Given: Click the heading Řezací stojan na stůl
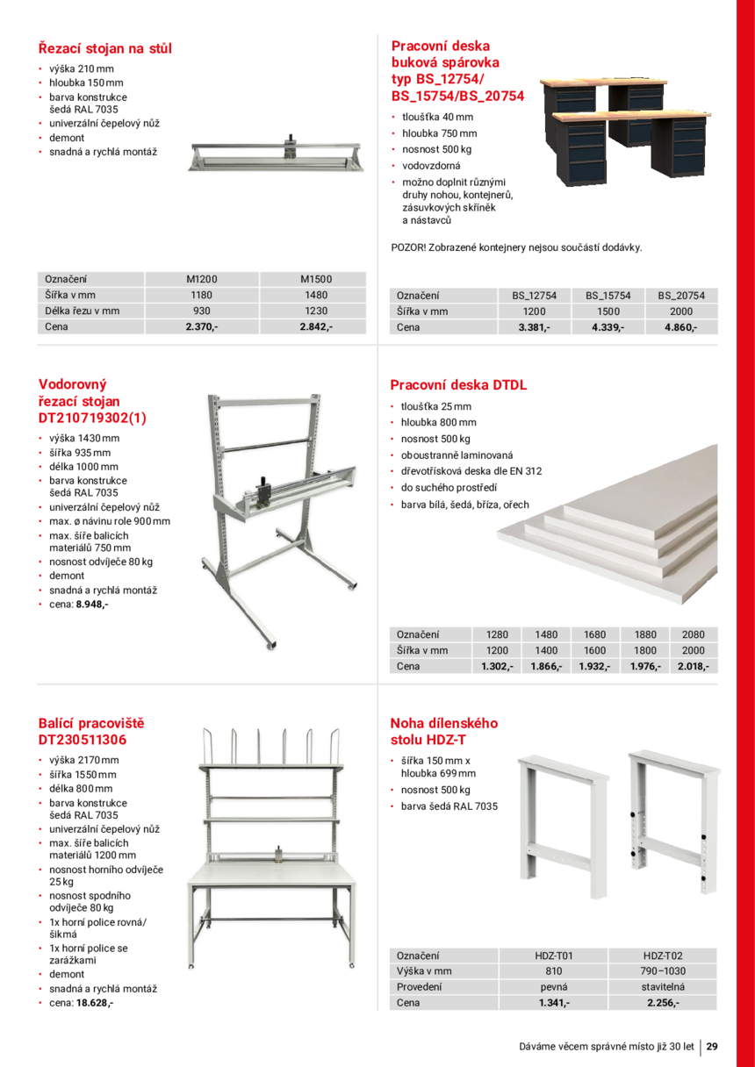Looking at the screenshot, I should click(104, 48).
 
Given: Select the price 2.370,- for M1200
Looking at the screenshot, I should click(202, 327).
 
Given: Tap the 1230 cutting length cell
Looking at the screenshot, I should click(316, 311).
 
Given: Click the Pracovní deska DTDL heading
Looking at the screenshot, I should click(458, 384).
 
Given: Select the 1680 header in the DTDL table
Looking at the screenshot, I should click(595, 634).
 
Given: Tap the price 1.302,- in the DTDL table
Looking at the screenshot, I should click(497, 666).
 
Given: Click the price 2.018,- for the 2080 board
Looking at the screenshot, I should click(693, 666).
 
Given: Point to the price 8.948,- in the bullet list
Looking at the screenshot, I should click(92, 605).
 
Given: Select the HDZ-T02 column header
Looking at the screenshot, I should click(662, 956).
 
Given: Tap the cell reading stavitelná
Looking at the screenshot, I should click(662, 986).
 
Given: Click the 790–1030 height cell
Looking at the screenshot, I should click(662, 970).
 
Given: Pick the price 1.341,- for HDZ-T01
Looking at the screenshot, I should click(554, 1002).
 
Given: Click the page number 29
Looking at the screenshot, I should click(712, 1046).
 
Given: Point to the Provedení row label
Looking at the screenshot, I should click(419, 986).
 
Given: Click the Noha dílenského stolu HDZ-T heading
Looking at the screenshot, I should click(443, 731).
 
